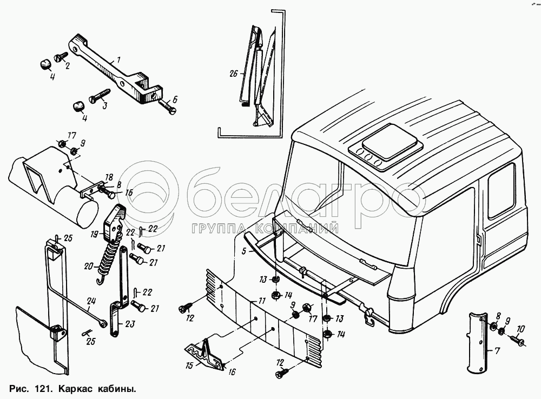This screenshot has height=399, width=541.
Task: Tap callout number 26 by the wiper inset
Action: point(233,74)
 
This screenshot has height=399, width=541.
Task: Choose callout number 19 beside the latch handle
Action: point(94,234)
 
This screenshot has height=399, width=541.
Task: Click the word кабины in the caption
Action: point(118,388)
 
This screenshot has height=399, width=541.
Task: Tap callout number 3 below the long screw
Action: point(104,106)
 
